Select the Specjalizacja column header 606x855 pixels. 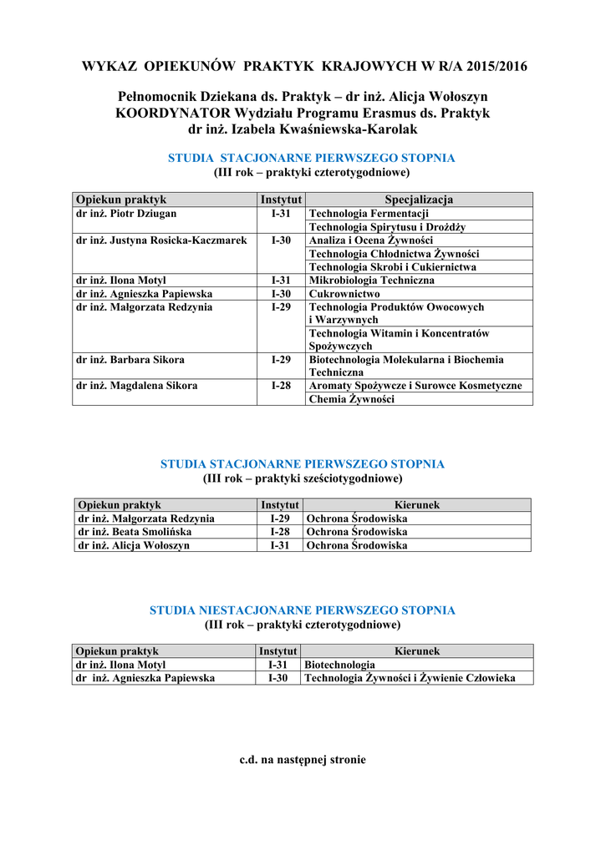pyautogui.click(x=419, y=200)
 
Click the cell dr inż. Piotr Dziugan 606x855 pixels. pyautogui.click(x=126, y=214)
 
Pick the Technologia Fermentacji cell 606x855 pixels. pyautogui.click(x=369, y=214)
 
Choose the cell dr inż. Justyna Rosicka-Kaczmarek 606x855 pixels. pyautogui.click(x=161, y=240)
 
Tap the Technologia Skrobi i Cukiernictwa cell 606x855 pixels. pyautogui.click(x=393, y=267)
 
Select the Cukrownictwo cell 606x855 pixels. pyautogui.click(x=344, y=294)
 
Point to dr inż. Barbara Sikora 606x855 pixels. pyautogui.click(x=130, y=360)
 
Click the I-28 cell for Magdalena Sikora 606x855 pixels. pyautogui.click(x=281, y=386)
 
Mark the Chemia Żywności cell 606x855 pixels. pyautogui.click(x=351, y=399)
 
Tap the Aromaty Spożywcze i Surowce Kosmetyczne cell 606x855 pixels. pyautogui.click(x=415, y=386)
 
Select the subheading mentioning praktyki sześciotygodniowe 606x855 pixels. pyautogui.click(x=303, y=478)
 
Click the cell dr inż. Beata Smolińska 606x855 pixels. pyautogui.click(x=135, y=532)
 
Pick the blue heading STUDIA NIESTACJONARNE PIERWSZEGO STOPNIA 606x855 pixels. pyautogui.click(x=303, y=610)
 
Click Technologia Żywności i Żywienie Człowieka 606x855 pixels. pyautogui.click(x=410, y=678)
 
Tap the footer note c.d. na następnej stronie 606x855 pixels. pyautogui.click(x=303, y=760)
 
